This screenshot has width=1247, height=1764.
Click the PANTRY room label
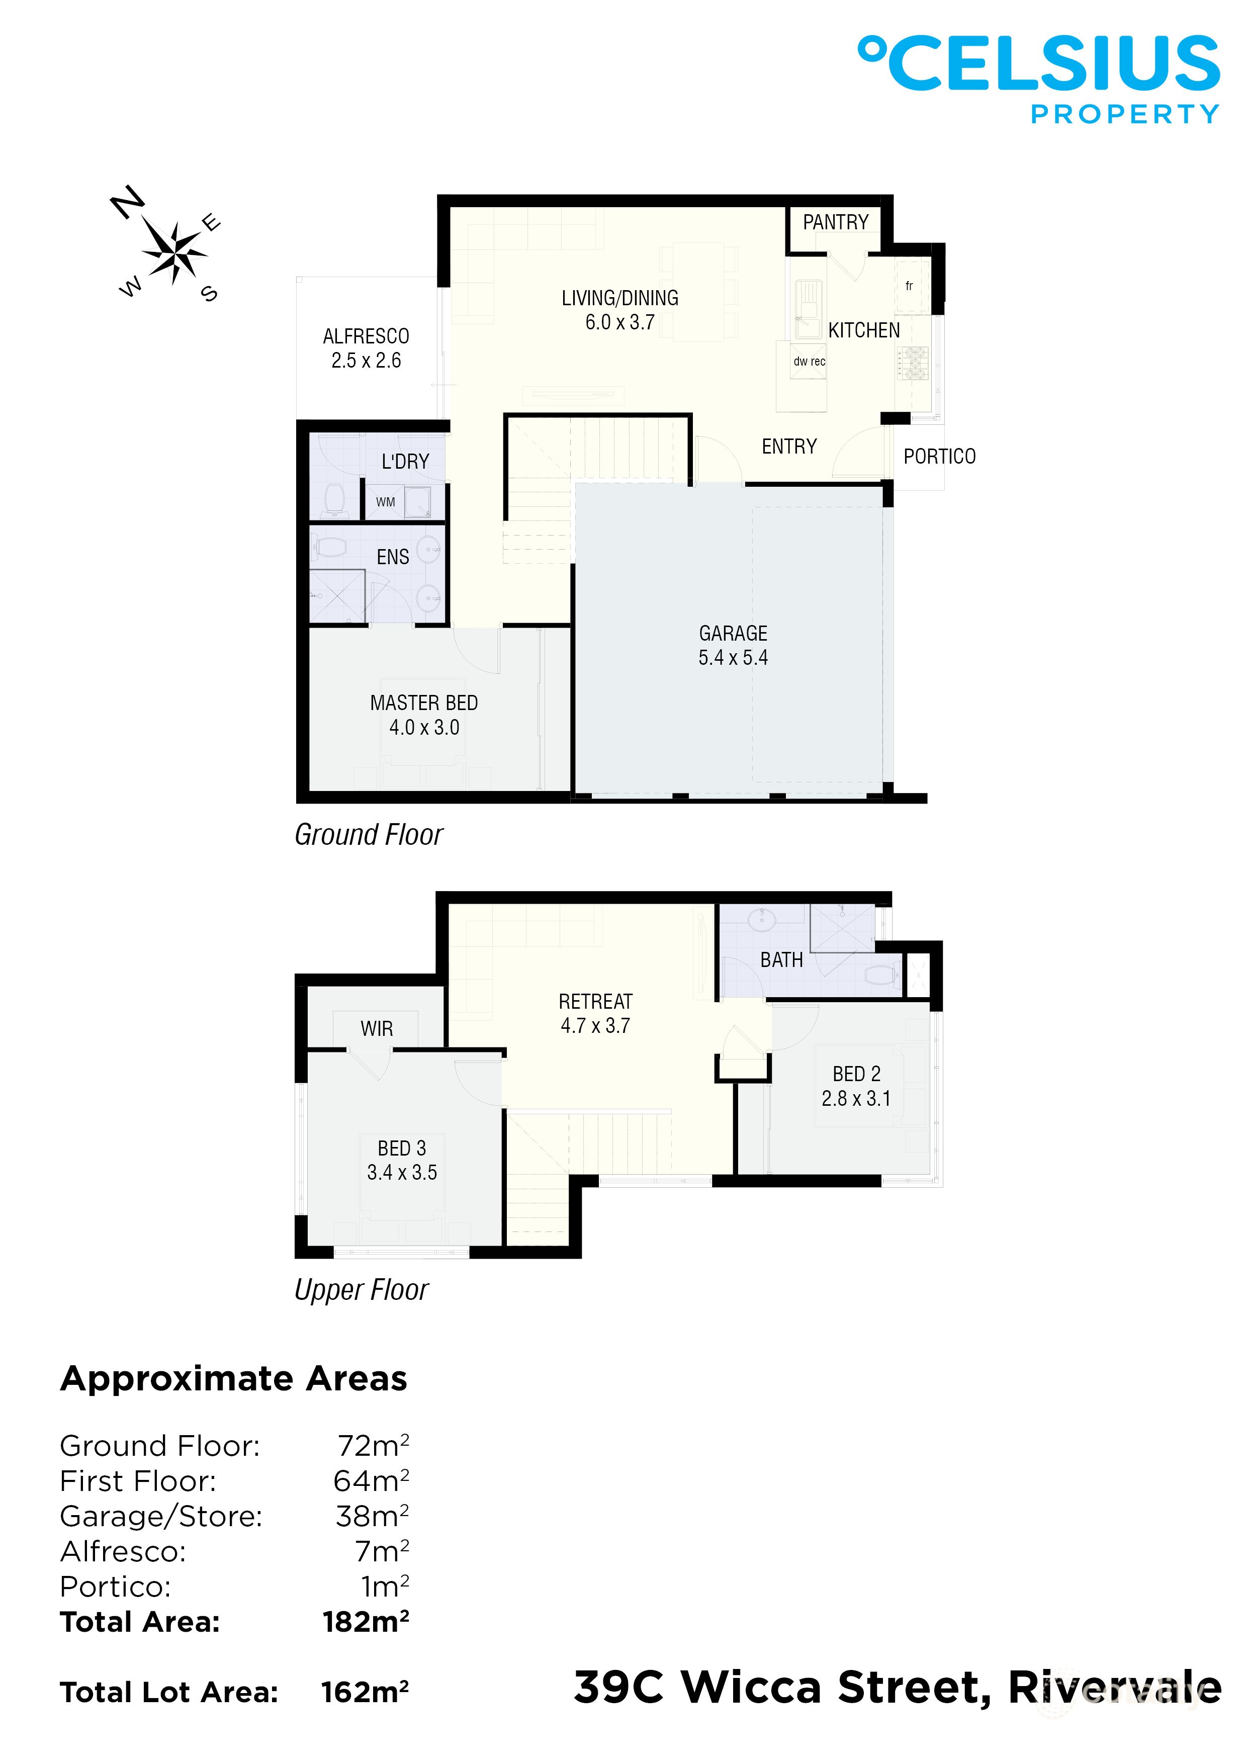(835, 222)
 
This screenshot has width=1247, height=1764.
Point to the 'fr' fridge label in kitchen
(909, 286)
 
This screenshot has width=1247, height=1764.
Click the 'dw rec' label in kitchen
(809, 361)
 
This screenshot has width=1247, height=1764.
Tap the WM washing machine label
(385, 502)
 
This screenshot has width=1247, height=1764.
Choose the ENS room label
(393, 557)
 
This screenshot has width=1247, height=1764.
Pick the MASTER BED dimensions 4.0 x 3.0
(424, 728)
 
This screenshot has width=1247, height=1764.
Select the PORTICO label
(939, 457)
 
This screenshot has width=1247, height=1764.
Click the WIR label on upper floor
(377, 1029)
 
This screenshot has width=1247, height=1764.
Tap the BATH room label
(781, 960)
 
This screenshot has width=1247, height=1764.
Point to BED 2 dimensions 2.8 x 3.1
(856, 1099)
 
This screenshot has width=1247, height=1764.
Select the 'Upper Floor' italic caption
(361, 1289)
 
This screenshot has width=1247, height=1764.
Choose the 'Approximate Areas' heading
(234, 1379)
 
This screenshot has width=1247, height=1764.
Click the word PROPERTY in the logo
(1124, 115)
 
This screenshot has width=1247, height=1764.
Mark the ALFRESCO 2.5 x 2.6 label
(366, 348)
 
